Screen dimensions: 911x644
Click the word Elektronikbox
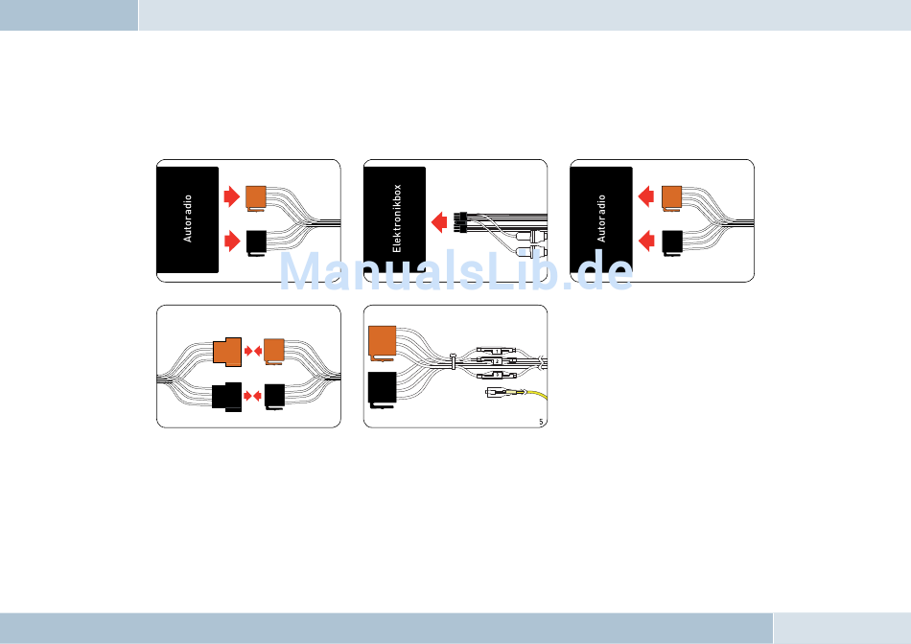pos(397,219)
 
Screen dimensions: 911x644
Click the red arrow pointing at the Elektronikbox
pos(440,222)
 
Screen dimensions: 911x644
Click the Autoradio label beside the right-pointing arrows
pos(188,219)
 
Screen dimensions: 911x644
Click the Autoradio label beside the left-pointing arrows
pos(602,219)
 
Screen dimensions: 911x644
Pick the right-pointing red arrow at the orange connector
pos(231,196)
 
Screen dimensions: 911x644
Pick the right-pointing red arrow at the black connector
pos(231,240)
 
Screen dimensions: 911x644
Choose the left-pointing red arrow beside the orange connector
pos(646,196)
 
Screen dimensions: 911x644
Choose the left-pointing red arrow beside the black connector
pos(646,240)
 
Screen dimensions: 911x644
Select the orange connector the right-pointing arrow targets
pos(257,195)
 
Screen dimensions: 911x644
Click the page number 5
pos(541,421)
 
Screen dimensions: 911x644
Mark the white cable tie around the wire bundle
pos(452,362)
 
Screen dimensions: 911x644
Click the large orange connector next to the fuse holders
pos(382,343)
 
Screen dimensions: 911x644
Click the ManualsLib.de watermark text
pos(455,271)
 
